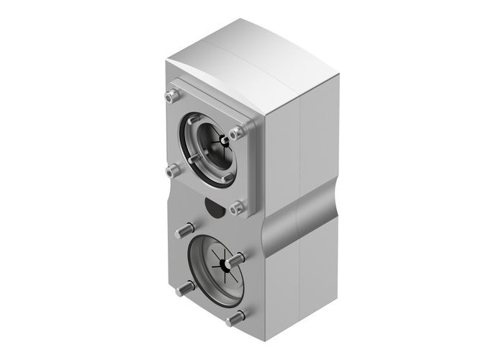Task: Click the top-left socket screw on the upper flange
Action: [170, 95]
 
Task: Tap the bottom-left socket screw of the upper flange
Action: [171, 170]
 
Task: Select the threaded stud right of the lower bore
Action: [235, 258]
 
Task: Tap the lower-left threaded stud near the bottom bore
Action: [183, 289]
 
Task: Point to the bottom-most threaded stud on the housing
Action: [234, 318]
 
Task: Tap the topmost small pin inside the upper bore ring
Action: [196, 120]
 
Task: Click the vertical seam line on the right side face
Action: [298, 144]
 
